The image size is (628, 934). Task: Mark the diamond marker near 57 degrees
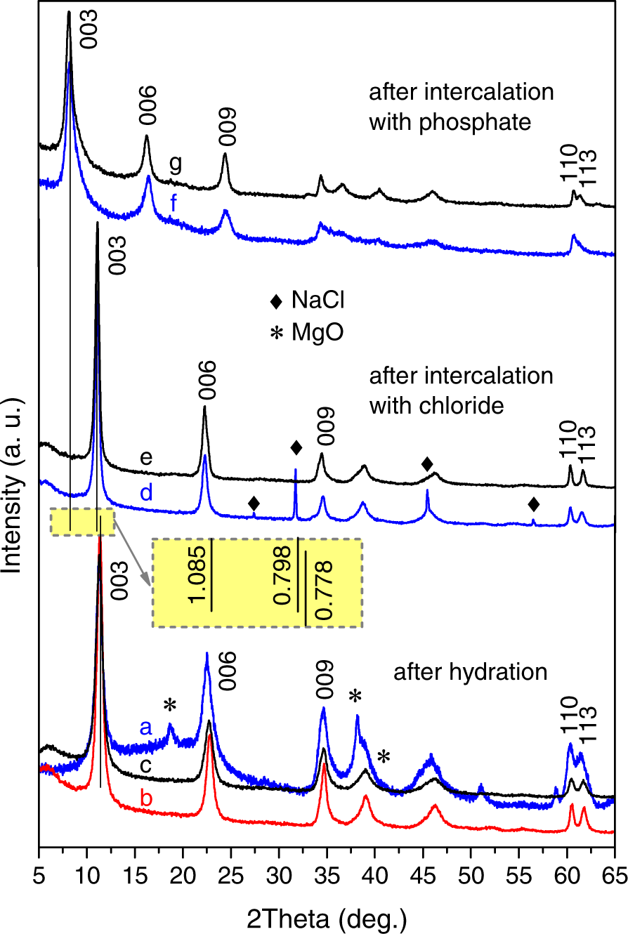(533, 504)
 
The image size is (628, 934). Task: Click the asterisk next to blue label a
(169, 706)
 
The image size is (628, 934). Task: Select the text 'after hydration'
(469, 672)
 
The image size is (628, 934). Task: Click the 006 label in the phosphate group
(148, 105)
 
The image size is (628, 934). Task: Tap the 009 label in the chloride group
(326, 423)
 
